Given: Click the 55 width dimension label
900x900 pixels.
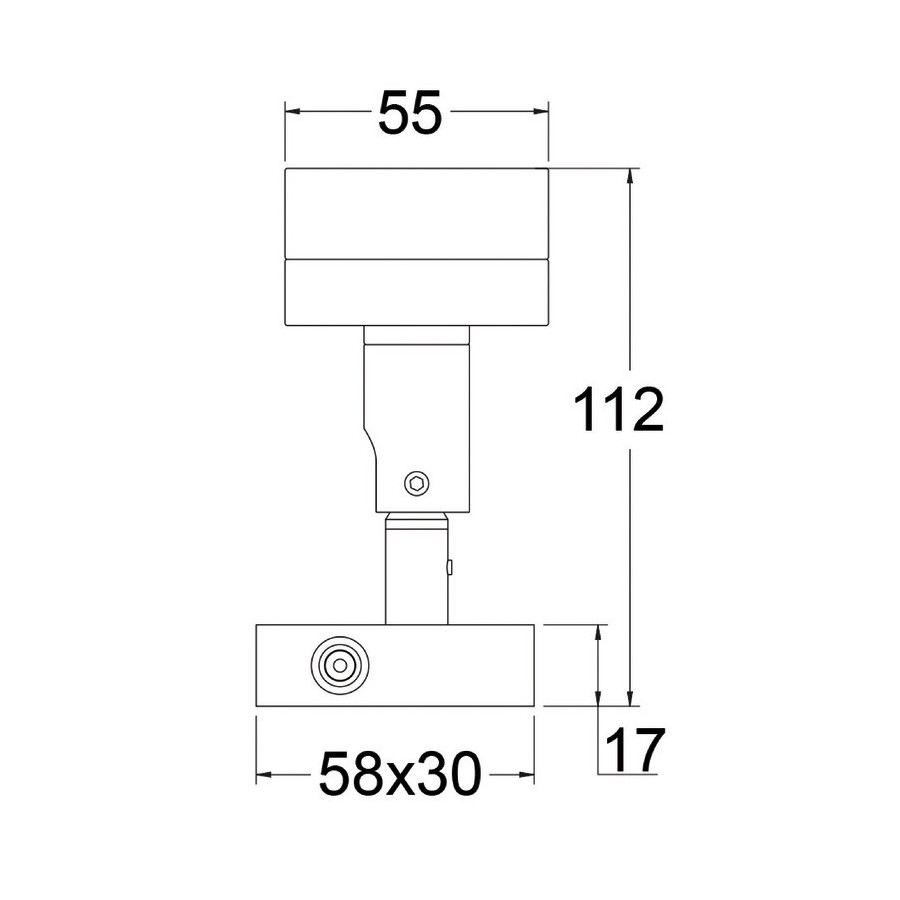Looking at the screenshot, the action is pos(410,112).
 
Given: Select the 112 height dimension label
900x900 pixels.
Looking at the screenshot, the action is pos(619,409).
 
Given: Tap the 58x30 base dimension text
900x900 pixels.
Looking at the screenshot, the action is pos(399,774).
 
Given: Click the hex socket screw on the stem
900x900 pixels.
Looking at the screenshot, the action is pos(417,483).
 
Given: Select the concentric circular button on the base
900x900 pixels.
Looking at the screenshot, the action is pos(340,665).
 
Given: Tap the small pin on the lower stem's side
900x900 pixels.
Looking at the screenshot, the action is pos(450,568).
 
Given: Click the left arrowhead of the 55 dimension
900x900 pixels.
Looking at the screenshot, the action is pos(293,112).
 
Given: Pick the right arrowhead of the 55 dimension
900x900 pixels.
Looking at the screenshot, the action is pos(541,112).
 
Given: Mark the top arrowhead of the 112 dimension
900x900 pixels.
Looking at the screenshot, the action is pos(631,177).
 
